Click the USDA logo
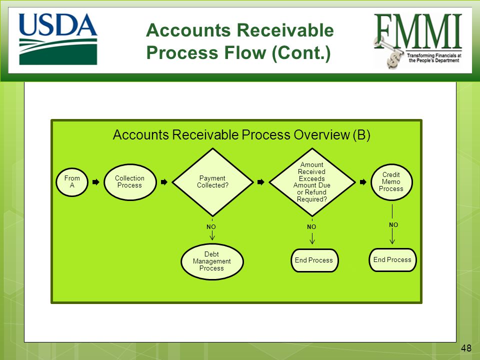58,39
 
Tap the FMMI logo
418,41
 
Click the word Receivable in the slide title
285,30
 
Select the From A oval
72,182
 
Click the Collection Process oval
130,182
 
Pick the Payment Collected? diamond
213,182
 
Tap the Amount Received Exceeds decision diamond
312,182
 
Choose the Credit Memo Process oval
391,182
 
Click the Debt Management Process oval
212,261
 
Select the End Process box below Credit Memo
392,260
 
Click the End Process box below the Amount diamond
314,260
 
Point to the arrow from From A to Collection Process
96,182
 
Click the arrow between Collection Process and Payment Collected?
164,182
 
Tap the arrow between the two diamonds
261,182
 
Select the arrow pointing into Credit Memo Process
363,182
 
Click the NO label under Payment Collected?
211,227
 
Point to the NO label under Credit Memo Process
393,225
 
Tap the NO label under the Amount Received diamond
311,227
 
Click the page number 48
466,348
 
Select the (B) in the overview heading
361,135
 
